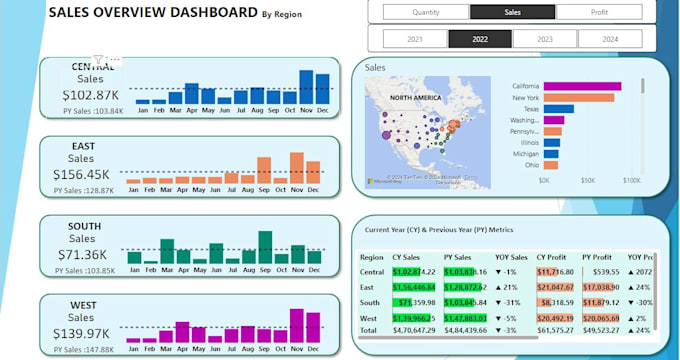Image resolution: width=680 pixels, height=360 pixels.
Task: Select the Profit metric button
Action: [x=598, y=12]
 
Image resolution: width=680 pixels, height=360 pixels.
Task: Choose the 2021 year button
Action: [x=413, y=40]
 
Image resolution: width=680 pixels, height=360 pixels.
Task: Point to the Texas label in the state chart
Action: [x=528, y=110]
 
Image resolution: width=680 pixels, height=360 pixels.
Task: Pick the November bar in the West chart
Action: [x=297, y=326]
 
